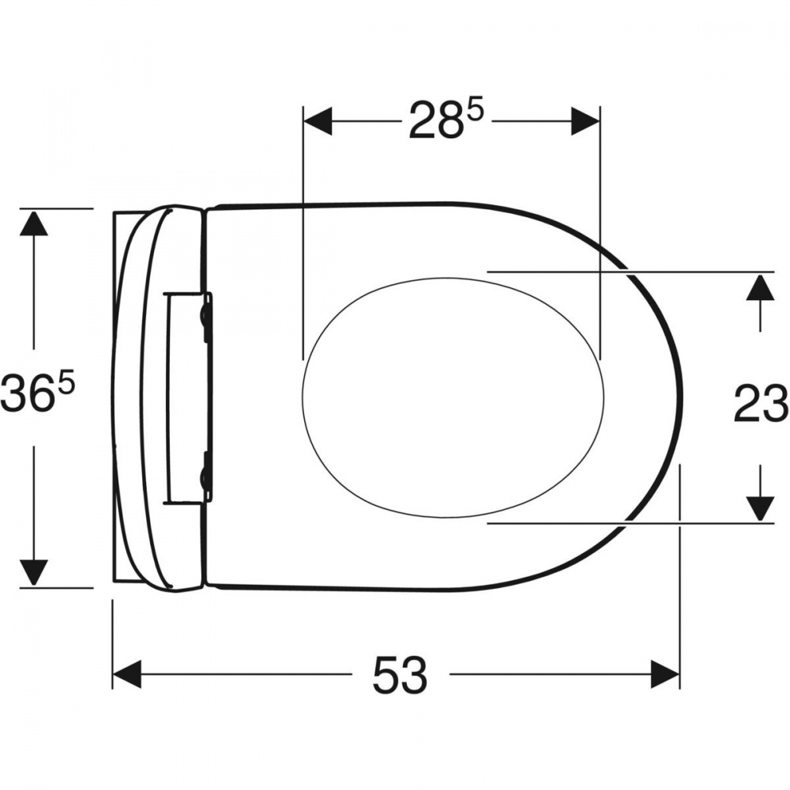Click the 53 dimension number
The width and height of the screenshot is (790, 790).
pyautogui.click(x=400, y=674)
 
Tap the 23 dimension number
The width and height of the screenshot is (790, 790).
pyautogui.click(x=760, y=403)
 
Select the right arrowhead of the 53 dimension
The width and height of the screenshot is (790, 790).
pyautogui.click(x=665, y=674)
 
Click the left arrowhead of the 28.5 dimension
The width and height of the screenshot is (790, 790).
pyautogui.click(x=318, y=121)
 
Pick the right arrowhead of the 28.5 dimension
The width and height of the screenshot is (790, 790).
pyautogui.click(x=585, y=121)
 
